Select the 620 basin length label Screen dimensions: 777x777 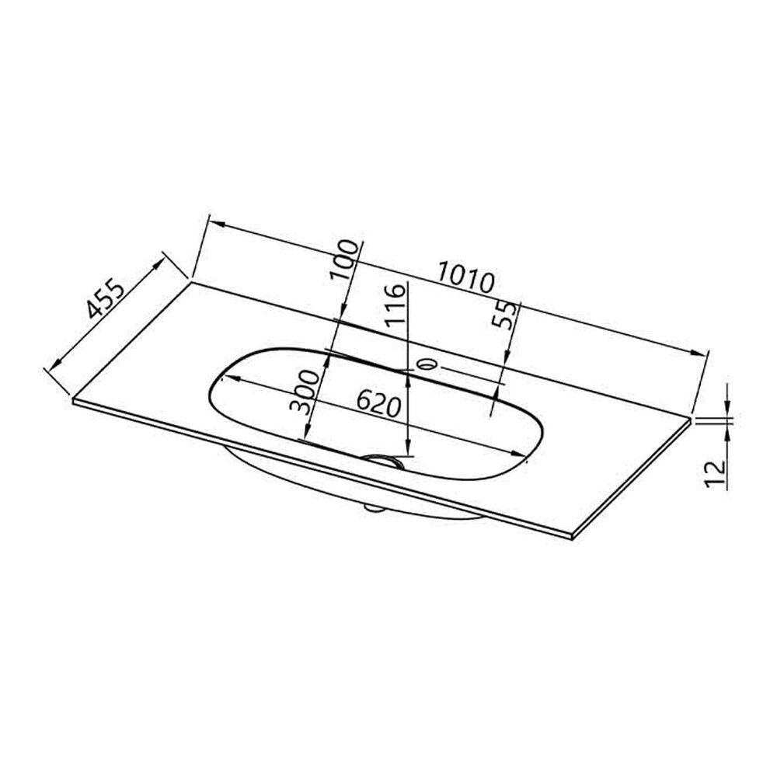[378, 403]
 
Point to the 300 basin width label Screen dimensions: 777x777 [305, 392]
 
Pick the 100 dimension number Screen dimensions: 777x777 [344, 260]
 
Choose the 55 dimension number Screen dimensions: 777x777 [504, 315]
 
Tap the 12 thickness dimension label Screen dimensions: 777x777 [715, 474]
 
